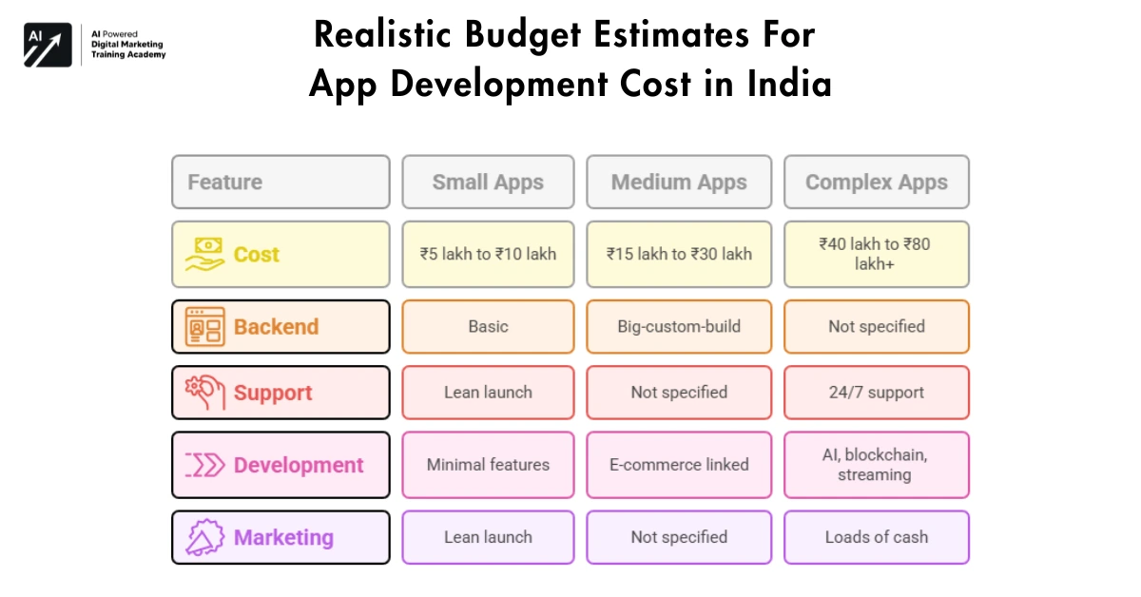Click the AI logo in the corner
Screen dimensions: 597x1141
[x=48, y=45]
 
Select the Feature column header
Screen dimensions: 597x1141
[x=280, y=183]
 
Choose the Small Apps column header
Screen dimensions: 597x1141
[x=488, y=183]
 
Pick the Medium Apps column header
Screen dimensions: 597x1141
[x=679, y=183]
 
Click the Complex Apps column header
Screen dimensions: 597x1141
[x=877, y=183]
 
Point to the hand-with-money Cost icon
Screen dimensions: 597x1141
[x=204, y=255]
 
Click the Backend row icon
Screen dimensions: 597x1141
[x=204, y=327]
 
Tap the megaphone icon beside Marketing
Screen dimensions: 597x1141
[x=204, y=538]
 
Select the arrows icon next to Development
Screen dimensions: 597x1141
[x=204, y=465]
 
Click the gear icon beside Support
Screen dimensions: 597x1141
[x=204, y=393]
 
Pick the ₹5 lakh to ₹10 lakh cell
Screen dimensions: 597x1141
[x=488, y=255]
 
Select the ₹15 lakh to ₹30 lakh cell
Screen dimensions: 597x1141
[x=679, y=255]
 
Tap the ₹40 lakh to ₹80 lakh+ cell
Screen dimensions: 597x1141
[x=877, y=255]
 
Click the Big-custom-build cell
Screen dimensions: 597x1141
[x=679, y=327]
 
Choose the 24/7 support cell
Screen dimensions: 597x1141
[x=877, y=393]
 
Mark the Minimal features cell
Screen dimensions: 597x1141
[x=488, y=465]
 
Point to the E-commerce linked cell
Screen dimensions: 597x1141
[x=679, y=465]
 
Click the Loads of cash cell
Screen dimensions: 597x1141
[x=877, y=538]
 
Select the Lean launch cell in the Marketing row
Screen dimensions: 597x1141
[x=488, y=538]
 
